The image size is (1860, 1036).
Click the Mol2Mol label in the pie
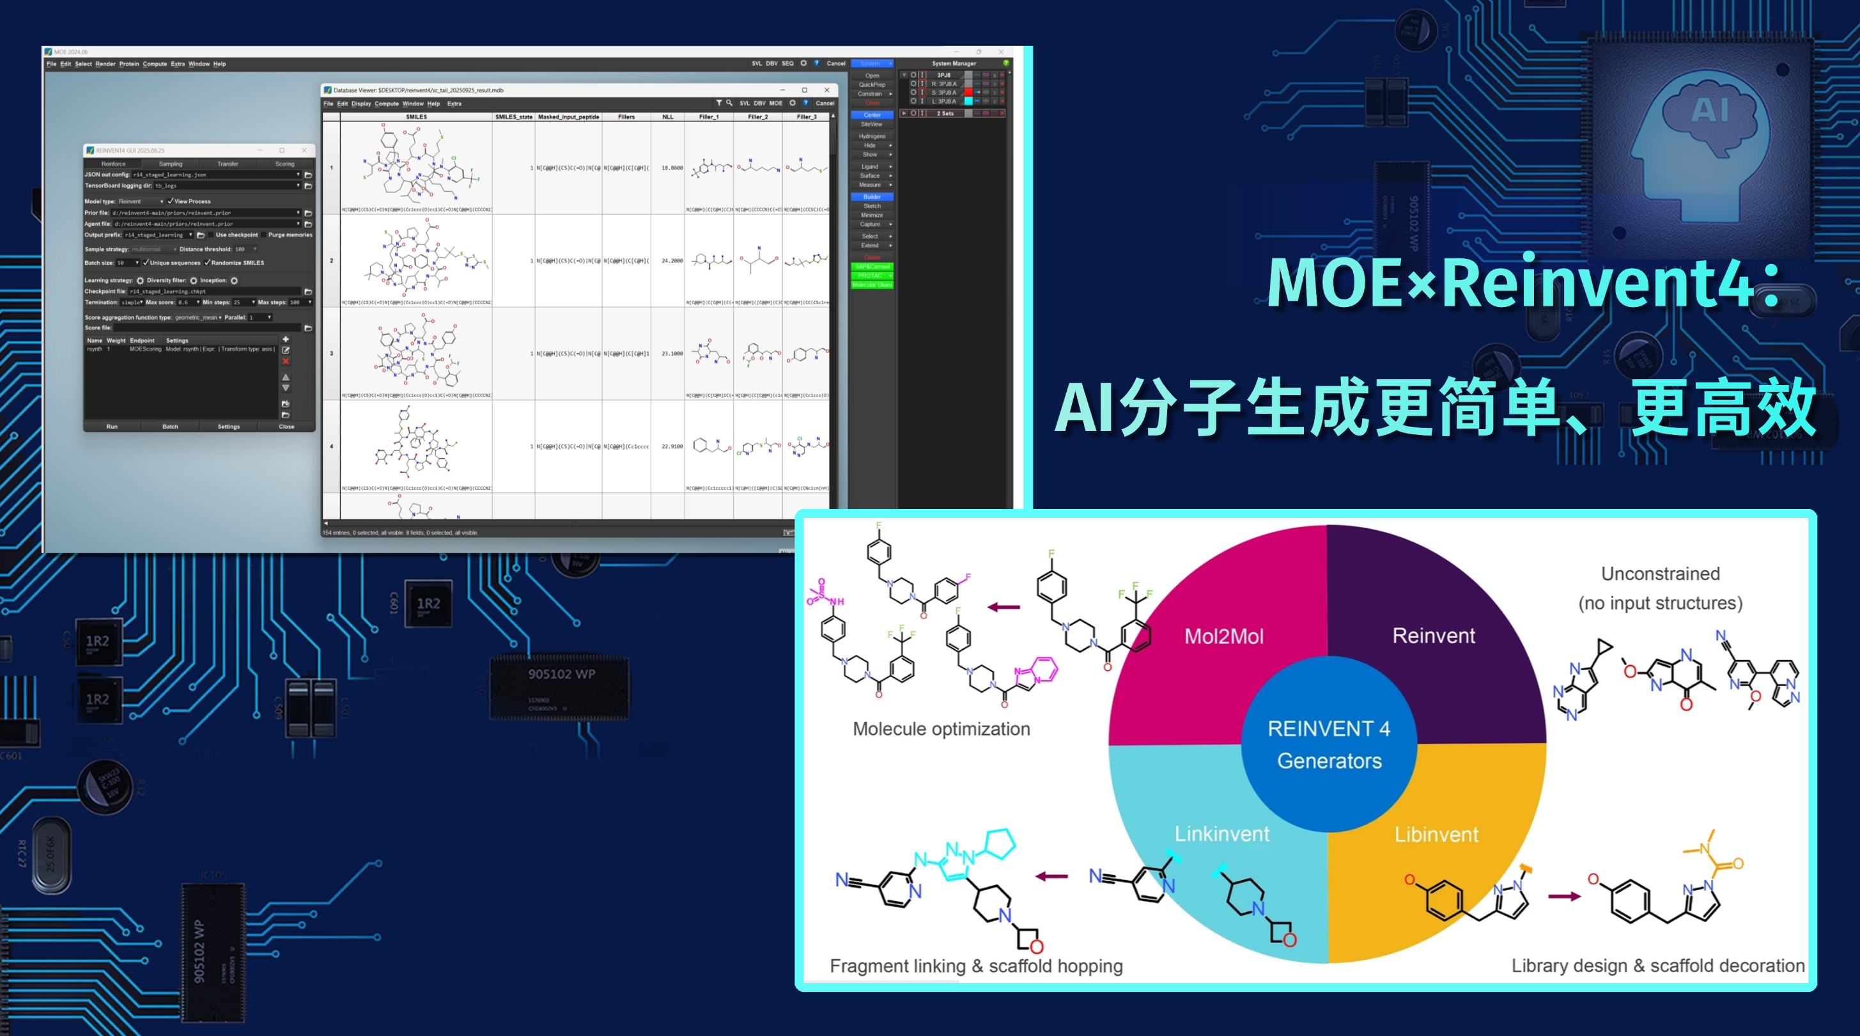(x=1224, y=636)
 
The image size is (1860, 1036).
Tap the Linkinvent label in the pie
(x=1221, y=834)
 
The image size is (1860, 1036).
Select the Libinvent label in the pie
(x=1436, y=835)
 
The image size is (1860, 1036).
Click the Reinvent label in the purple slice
(x=1433, y=636)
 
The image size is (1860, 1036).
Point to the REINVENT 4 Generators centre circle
(x=1329, y=744)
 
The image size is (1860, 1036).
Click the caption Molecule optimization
(x=941, y=729)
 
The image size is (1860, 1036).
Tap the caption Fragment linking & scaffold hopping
(x=975, y=966)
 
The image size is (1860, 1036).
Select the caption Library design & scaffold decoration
(x=1658, y=966)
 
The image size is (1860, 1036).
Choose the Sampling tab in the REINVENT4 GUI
(x=171, y=164)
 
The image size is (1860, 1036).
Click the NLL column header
(x=667, y=117)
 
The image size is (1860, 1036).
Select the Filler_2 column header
(x=757, y=117)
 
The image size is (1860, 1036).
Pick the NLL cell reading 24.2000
(x=672, y=261)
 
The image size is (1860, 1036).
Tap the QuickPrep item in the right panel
(x=871, y=84)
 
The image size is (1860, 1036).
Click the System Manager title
(x=953, y=63)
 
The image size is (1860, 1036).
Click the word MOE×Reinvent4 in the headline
(x=1509, y=283)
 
